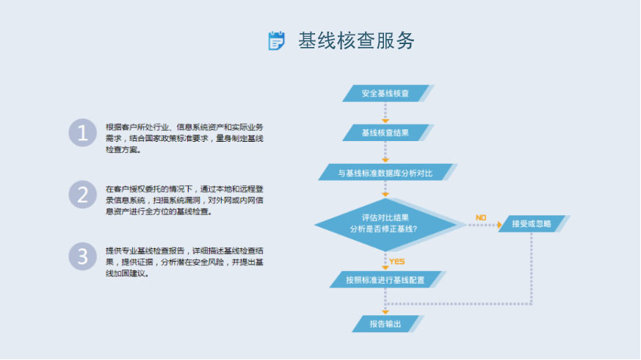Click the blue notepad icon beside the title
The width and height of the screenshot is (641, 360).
pyautogui.click(x=276, y=40)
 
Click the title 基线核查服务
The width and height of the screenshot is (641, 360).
pyautogui.click(x=356, y=40)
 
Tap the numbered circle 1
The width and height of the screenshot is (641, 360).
pyautogui.click(x=82, y=132)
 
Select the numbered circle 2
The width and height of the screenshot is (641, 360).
pyautogui.click(x=82, y=195)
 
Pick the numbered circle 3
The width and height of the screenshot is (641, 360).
pyautogui.click(x=82, y=256)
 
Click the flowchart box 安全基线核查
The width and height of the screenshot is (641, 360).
pyautogui.click(x=385, y=93)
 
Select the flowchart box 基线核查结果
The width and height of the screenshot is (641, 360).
pyautogui.click(x=385, y=133)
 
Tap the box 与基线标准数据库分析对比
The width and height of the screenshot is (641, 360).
pyautogui.click(x=385, y=173)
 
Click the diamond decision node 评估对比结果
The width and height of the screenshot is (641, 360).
pyautogui.click(x=385, y=224)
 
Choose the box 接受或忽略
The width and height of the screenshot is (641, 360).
pyautogui.click(x=532, y=224)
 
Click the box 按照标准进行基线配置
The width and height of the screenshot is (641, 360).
pyautogui.click(x=385, y=280)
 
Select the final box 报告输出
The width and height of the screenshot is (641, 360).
pyautogui.click(x=385, y=323)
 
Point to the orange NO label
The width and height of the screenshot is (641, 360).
pyautogui.click(x=481, y=217)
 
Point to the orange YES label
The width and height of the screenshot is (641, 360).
pyautogui.click(x=397, y=262)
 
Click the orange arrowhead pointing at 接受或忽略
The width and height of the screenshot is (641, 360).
pyautogui.click(x=499, y=225)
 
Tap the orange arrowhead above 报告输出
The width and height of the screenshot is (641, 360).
pyautogui.click(x=385, y=312)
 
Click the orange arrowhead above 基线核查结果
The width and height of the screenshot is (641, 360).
pyautogui.click(x=385, y=121)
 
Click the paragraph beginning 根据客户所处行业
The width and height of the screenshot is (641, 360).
pyautogui.click(x=184, y=138)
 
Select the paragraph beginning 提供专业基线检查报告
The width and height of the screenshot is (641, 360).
pyautogui.click(x=184, y=262)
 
